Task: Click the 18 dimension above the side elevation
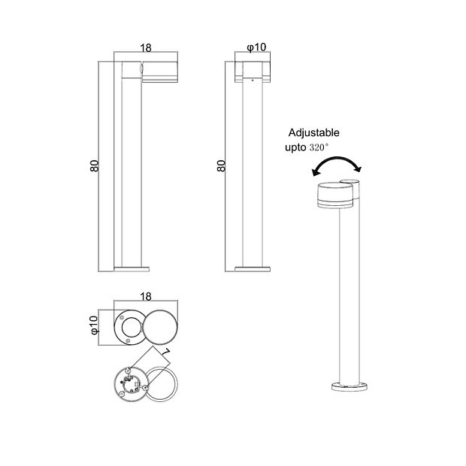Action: click(x=146, y=47)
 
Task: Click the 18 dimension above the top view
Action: click(x=146, y=296)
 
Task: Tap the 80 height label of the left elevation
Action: click(x=94, y=166)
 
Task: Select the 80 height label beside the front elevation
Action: click(x=221, y=166)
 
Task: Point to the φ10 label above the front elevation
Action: click(x=256, y=47)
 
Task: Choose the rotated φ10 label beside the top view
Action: click(x=94, y=325)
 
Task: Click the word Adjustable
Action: click(x=313, y=132)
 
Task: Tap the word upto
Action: click(x=295, y=148)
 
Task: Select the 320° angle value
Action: click(x=319, y=147)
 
